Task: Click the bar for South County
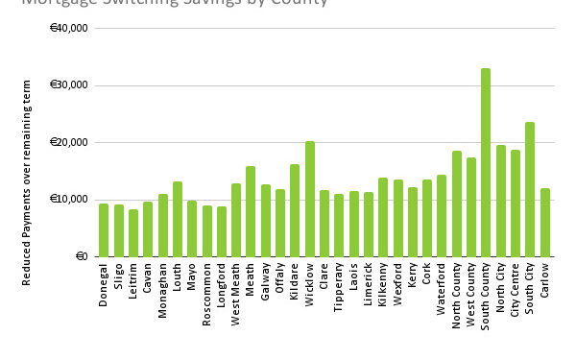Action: click(486, 163)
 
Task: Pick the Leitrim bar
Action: click(133, 233)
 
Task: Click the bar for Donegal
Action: click(104, 230)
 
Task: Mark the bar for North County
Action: click(456, 204)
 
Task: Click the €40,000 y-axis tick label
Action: click(69, 28)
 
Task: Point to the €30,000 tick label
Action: click(69, 85)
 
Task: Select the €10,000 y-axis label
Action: click(69, 200)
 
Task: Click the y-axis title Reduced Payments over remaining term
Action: click(27, 182)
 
